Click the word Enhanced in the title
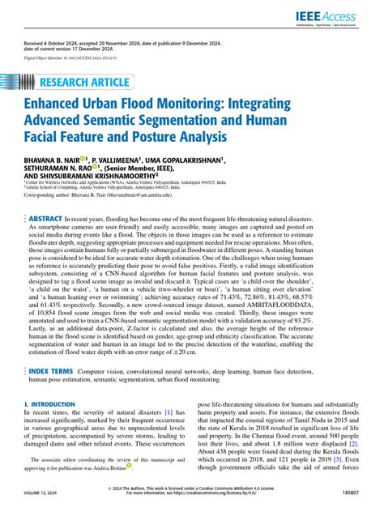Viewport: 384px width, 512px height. point(60,105)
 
